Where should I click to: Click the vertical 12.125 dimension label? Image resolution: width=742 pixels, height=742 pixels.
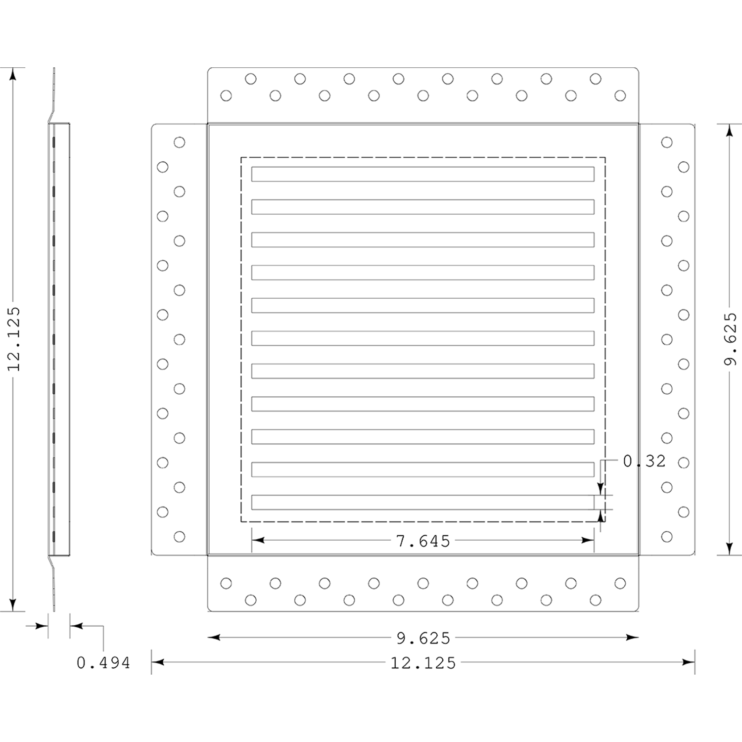click(13, 339)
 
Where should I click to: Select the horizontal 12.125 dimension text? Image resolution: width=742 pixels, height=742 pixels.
click(423, 663)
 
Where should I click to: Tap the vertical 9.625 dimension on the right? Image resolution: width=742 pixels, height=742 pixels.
click(730, 339)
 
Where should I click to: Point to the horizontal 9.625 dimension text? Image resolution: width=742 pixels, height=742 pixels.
click(423, 638)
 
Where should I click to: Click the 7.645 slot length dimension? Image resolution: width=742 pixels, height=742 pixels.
click(423, 541)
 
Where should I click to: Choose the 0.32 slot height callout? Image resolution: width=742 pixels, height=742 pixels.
click(644, 461)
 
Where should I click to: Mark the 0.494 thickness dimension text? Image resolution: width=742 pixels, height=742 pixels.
click(103, 663)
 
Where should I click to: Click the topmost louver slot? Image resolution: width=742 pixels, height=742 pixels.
click(423, 174)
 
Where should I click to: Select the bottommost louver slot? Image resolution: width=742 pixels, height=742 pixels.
click(423, 502)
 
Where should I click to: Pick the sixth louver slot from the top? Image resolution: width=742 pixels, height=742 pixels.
click(423, 338)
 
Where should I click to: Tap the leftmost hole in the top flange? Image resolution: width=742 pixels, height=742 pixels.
click(226, 95)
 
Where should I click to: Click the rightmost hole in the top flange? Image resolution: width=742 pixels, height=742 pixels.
click(620, 95)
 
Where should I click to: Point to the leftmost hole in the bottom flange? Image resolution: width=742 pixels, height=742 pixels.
click(226, 583)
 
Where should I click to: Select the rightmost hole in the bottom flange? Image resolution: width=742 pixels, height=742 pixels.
click(620, 583)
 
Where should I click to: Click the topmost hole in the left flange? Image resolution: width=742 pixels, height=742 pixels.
click(180, 142)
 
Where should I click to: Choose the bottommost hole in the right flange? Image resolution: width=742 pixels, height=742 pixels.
click(667, 536)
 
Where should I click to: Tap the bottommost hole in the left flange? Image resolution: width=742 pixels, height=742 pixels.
click(180, 536)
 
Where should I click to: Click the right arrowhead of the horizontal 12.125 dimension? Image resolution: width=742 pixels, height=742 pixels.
click(689, 662)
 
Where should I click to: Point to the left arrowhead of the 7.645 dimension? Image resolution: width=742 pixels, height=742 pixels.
click(258, 540)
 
